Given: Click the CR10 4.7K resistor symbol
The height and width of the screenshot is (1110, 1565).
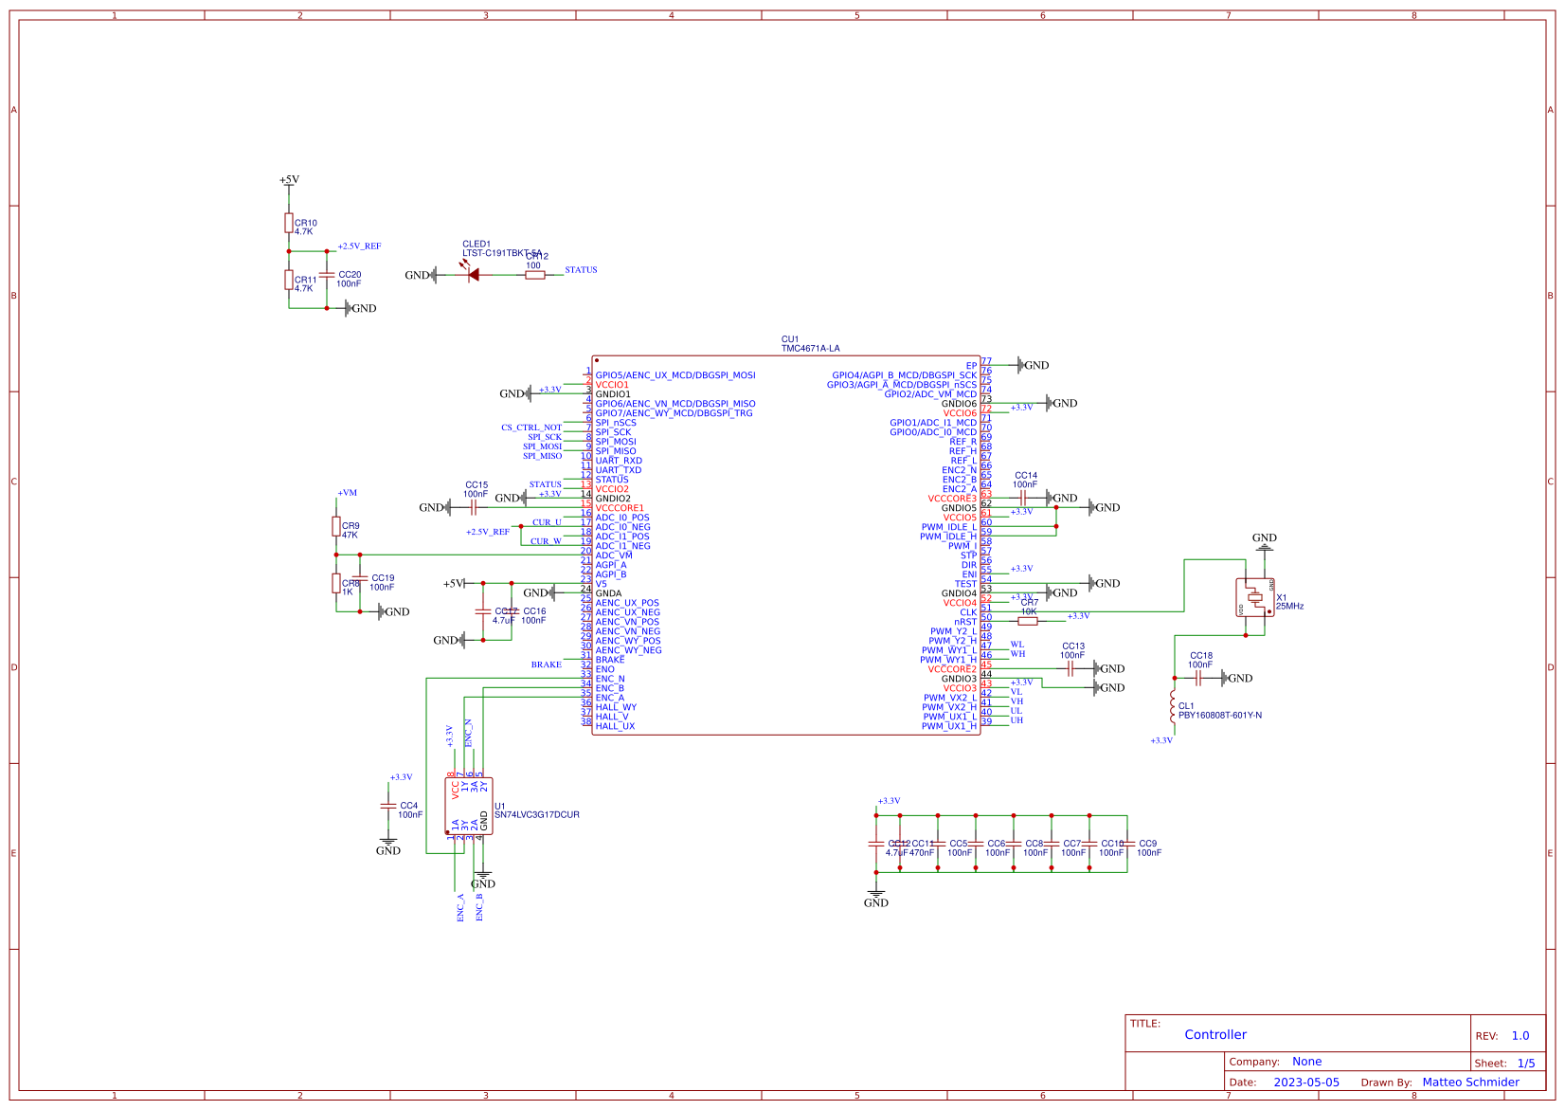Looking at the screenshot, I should pos(289,223).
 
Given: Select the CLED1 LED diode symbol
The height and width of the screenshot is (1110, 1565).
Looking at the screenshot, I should pos(473,275).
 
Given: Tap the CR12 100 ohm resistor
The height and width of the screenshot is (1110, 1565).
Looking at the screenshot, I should pos(534,275).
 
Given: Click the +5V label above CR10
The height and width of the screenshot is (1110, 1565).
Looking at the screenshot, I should pos(289,179).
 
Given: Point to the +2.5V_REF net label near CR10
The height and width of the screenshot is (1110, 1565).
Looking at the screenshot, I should pos(359,246).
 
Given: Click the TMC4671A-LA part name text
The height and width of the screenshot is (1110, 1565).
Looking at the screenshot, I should pos(810,349).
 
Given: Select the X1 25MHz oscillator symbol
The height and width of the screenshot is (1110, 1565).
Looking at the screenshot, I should pos(1254,597).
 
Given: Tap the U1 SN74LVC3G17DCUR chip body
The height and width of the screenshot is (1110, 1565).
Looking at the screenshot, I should pos(469,807).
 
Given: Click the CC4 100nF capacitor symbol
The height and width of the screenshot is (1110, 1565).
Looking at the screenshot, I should pos(387,806).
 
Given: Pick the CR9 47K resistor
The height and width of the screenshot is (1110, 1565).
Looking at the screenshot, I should pos(336,526).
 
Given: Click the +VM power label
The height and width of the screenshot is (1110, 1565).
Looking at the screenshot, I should pos(347,493).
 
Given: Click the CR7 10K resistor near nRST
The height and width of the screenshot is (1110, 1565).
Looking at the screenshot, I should pos(1028,621).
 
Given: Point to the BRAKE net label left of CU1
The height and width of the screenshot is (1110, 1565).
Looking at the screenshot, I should pos(546,664).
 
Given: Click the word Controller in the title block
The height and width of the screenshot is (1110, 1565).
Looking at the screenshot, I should pos(1214,1035).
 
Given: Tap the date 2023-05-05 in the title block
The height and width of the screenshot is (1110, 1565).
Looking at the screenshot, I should pos(1305,1083).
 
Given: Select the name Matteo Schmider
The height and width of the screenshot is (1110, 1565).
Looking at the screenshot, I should pos(1470,1083).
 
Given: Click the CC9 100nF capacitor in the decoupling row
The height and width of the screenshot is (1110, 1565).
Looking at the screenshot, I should pos(1127,844).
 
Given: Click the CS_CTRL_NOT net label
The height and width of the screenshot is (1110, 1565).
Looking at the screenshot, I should pos(531,428).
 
